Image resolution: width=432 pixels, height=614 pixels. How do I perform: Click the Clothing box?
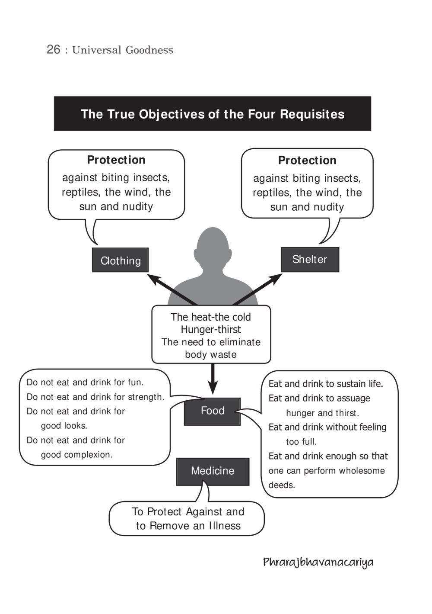pos(120,260)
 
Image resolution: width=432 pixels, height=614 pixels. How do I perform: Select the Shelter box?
pos(310,259)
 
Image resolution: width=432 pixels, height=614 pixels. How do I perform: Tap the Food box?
pos(212,411)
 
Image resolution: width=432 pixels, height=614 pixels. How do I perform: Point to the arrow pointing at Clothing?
pos(172,290)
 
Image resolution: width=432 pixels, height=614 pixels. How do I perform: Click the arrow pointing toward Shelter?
pos(257,289)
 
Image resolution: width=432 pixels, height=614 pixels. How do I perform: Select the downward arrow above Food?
pos(213,379)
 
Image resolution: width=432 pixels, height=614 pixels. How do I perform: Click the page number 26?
pos(53,49)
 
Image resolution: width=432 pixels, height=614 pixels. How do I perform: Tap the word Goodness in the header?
pos(149,50)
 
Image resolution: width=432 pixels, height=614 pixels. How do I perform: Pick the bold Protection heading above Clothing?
pos(116,160)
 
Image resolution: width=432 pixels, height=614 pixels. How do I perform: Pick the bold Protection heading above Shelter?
pos(307,161)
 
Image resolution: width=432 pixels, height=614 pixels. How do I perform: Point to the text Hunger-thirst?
pos(211,329)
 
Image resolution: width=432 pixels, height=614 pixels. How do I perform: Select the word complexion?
pos(89,455)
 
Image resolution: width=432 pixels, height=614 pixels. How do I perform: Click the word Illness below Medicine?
pos(225,526)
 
